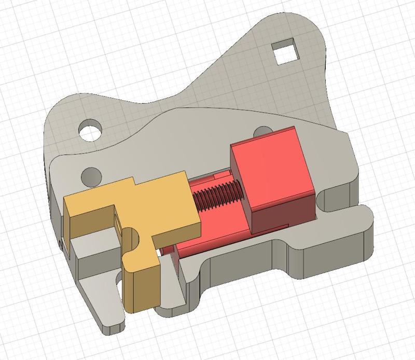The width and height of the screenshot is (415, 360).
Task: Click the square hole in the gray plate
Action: pos(287,52)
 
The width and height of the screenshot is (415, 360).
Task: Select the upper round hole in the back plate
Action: pos(90,129)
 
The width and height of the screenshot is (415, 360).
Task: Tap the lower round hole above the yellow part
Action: pos(91,175)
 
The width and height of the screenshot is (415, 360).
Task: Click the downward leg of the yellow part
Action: pos(140,285)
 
